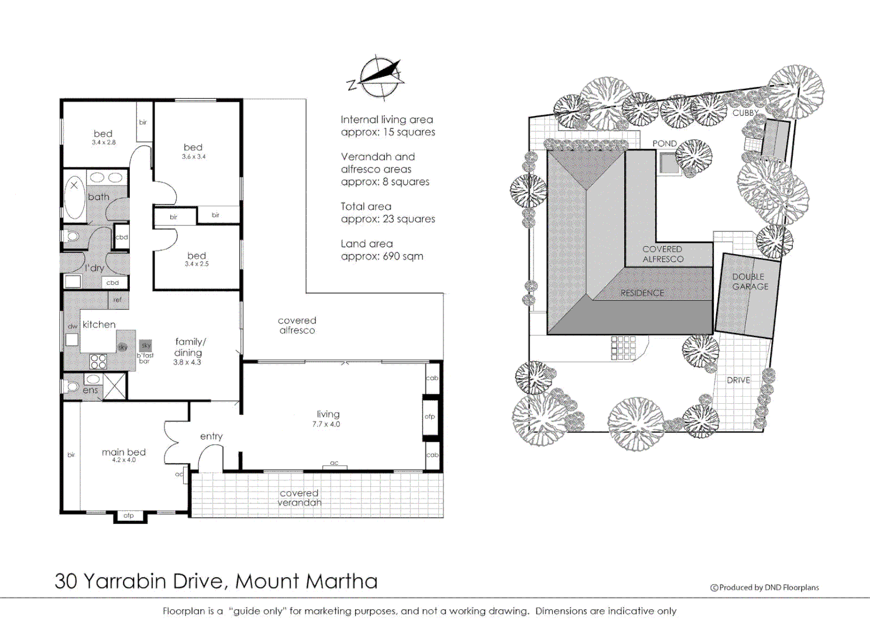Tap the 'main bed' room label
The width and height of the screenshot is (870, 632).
[x=123, y=452]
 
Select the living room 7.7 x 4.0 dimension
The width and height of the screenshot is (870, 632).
[x=326, y=424]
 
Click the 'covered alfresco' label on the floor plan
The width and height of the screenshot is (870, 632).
[x=297, y=325]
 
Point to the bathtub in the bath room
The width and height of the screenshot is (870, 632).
[x=74, y=199]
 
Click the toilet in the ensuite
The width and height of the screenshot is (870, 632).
[x=71, y=387]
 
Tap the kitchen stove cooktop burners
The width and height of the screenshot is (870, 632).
[x=98, y=360]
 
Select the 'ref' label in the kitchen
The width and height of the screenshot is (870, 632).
[x=118, y=300]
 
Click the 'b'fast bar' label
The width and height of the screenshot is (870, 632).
[x=145, y=358]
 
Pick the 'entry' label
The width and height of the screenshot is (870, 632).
[x=211, y=437]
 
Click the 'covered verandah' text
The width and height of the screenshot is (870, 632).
[x=299, y=498]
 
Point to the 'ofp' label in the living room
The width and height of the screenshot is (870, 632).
[x=430, y=417]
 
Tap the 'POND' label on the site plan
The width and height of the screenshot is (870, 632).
[x=664, y=143]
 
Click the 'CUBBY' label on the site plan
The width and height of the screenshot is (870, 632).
[x=745, y=113]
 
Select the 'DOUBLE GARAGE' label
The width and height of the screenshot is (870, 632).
[x=750, y=281]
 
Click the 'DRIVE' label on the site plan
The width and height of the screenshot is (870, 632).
[x=738, y=380]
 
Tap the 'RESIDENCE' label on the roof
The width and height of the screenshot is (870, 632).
[x=642, y=293]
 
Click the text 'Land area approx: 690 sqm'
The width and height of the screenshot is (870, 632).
[x=381, y=250]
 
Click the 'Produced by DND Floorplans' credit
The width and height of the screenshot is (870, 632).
[x=765, y=588]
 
